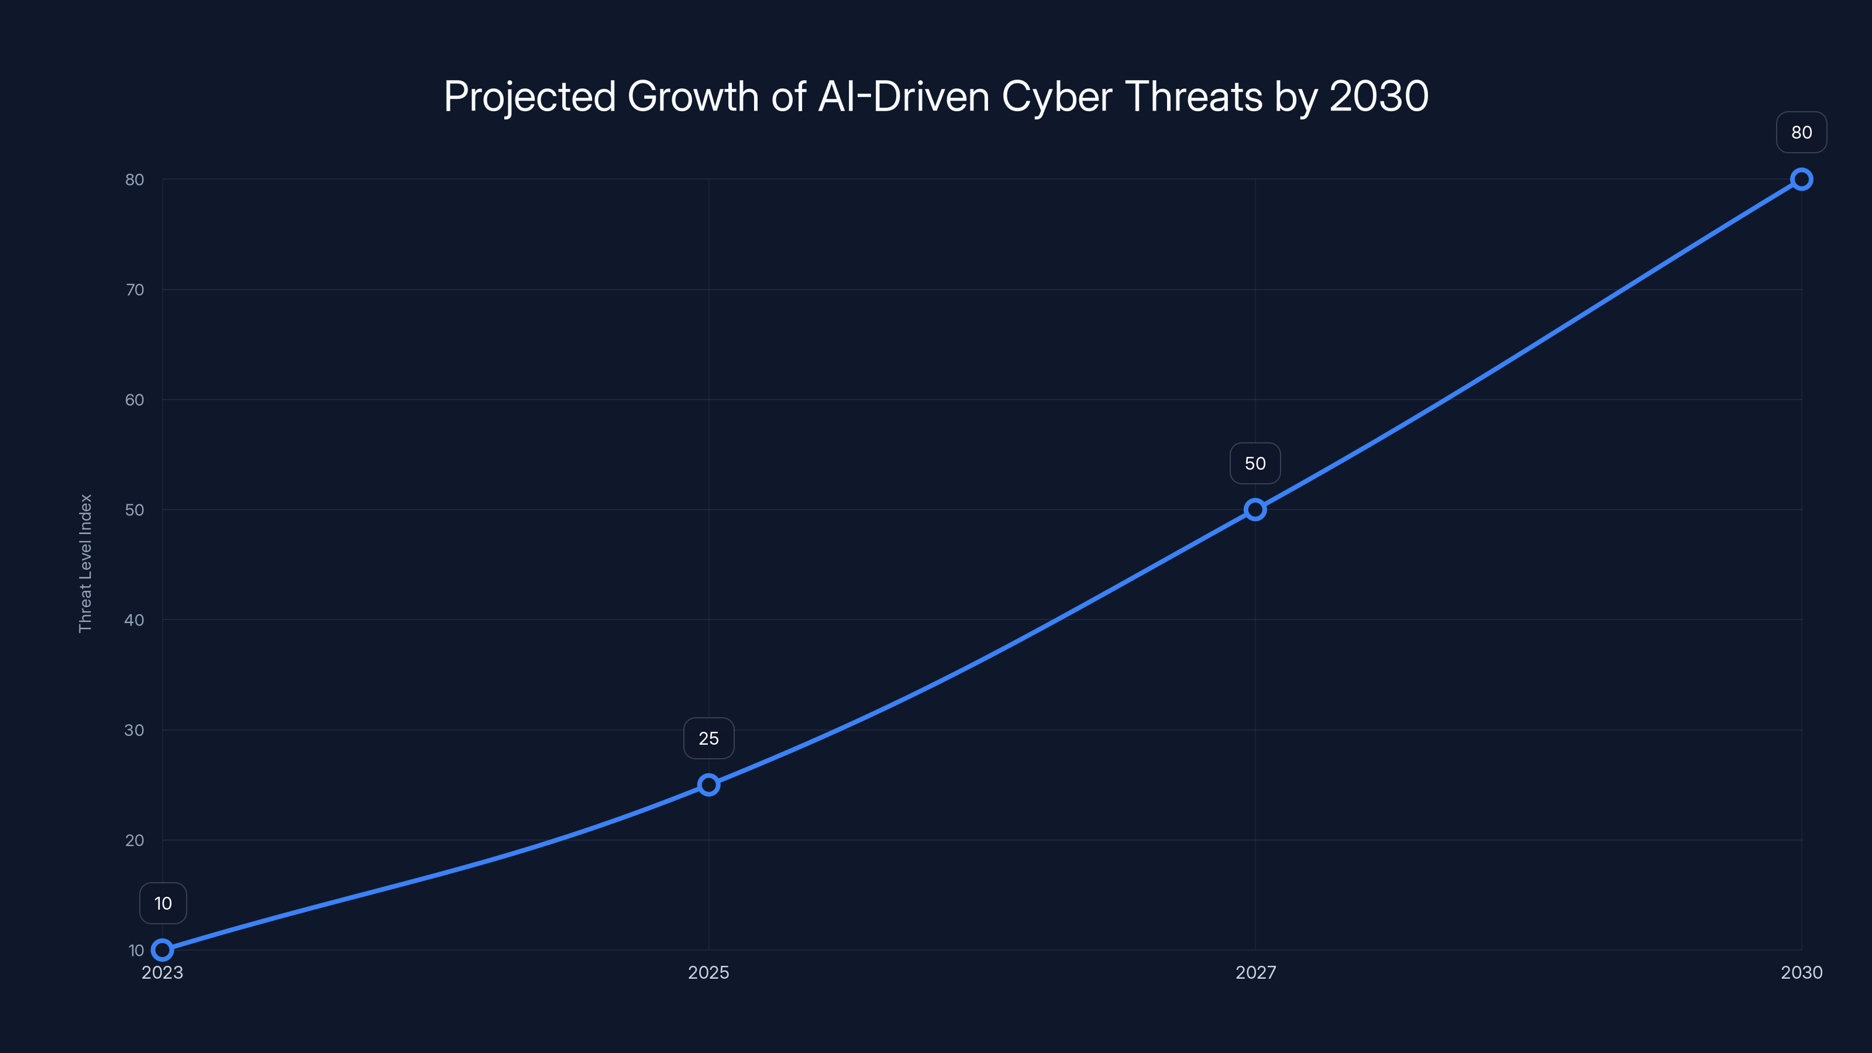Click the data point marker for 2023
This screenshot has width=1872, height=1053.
163,950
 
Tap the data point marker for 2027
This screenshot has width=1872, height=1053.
1255,510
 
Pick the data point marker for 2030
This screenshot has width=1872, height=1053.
1802,180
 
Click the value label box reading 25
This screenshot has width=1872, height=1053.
708,738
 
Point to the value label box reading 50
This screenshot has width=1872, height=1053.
1255,464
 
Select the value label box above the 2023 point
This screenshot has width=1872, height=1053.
163,903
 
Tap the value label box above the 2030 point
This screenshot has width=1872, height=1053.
1802,132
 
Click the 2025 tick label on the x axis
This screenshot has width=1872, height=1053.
708,972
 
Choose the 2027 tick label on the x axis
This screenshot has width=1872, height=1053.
1255,972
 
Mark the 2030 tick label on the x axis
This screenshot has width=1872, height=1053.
1802,972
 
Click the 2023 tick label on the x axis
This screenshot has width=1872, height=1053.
163,972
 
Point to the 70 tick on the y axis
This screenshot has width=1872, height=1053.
135,290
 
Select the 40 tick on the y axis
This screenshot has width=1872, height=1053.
135,620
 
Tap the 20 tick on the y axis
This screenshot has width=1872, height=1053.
135,840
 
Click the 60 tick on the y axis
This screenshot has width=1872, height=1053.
135,400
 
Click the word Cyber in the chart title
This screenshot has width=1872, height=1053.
1057,97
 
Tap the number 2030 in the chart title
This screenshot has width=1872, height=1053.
1379,97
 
